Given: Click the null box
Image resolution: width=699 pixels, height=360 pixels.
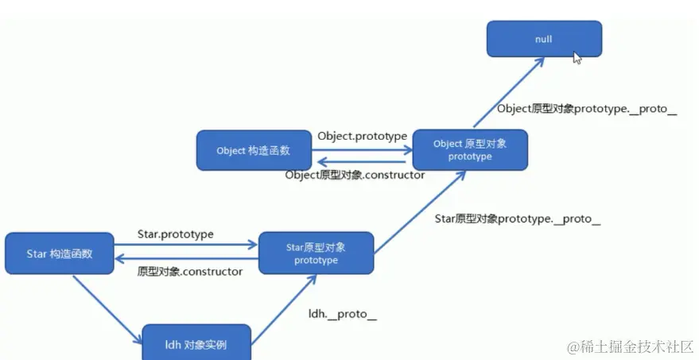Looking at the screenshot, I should tap(544, 38).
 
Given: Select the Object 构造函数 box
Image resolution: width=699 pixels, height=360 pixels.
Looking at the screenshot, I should tap(254, 150).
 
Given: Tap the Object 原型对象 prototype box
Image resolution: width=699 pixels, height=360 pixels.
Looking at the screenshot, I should tap(469, 150).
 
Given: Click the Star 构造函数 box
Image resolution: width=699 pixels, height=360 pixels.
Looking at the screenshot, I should tap(60, 254).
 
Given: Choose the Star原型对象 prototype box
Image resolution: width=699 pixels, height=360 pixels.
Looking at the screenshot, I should tap(316, 254).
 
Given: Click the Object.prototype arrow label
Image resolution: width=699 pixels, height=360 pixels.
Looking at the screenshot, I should tap(362, 136).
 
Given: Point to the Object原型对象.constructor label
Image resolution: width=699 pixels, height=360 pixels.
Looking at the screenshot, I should tap(355, 175).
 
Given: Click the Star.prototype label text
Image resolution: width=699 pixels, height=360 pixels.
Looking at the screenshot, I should tap(176, 235).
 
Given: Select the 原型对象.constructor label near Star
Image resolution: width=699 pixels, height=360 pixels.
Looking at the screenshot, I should tap(190, 272).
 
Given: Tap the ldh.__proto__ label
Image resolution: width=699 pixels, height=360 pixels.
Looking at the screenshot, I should tap(343, 314).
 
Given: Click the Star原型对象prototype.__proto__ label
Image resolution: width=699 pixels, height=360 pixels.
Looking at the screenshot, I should tap(518, 219).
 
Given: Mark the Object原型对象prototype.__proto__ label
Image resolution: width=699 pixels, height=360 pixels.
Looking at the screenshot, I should tap(586, 110).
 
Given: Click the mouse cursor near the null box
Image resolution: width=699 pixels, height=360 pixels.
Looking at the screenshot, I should tap(577, 57).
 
